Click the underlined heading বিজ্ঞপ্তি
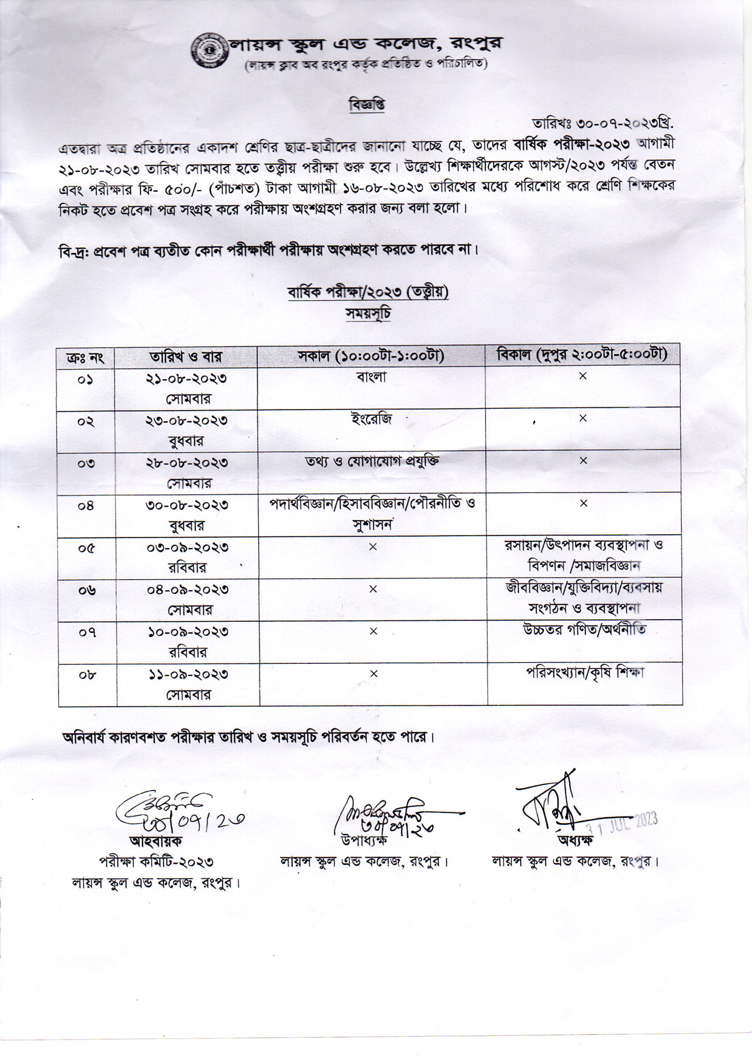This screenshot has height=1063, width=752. coord(367,105)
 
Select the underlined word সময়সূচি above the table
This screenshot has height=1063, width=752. coord(368,314)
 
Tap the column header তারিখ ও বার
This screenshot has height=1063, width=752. coord(186,357)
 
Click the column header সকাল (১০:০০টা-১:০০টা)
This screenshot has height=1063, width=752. coord(371,356)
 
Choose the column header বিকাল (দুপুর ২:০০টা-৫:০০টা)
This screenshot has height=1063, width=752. coord(582,355)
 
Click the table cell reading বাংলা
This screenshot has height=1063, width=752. coord(372,377)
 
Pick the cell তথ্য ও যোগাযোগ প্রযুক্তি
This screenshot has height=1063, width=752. coord(372,461)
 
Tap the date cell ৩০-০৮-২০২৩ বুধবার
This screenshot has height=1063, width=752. coord(187,514)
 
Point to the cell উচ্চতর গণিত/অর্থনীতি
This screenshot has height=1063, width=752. coord(584,631)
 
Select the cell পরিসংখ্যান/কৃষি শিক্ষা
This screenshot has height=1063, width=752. coord(585,673)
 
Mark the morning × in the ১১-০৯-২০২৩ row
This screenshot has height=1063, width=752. coord(373,674)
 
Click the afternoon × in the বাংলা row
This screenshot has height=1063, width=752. coord(583,376)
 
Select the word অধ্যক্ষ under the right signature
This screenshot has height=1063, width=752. coord(575,840)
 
